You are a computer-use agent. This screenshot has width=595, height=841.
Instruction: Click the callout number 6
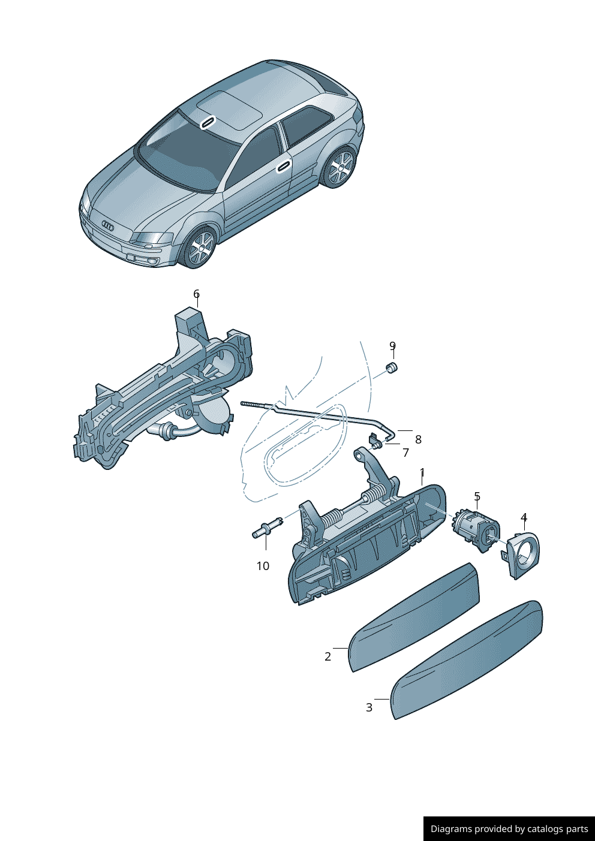click(196, 294)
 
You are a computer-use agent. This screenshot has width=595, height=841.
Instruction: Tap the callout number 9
click(392, 346)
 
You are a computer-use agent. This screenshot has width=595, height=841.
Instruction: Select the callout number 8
click(418, 439)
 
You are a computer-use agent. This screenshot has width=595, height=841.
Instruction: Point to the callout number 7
click(405, 453)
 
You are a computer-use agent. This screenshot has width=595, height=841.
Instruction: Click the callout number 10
click(263, 566)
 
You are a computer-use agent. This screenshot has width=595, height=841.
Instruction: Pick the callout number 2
click(327, 656)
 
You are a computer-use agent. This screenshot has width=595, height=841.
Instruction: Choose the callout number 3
click(369, 707)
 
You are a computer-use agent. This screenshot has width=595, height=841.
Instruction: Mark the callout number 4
click(524, 517)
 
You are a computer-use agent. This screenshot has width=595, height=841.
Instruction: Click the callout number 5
click(477, 496)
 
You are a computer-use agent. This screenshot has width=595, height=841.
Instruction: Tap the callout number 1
click(422, 472)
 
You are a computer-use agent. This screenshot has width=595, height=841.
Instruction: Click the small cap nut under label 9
click(391, 367)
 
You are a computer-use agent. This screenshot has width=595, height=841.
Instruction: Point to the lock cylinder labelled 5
click(475, 528)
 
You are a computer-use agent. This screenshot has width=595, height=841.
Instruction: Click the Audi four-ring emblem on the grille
click(107, 226)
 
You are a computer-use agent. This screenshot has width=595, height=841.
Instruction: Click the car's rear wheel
click(339, 167)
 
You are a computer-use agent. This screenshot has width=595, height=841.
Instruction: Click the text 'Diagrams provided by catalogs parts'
click(509, 828)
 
